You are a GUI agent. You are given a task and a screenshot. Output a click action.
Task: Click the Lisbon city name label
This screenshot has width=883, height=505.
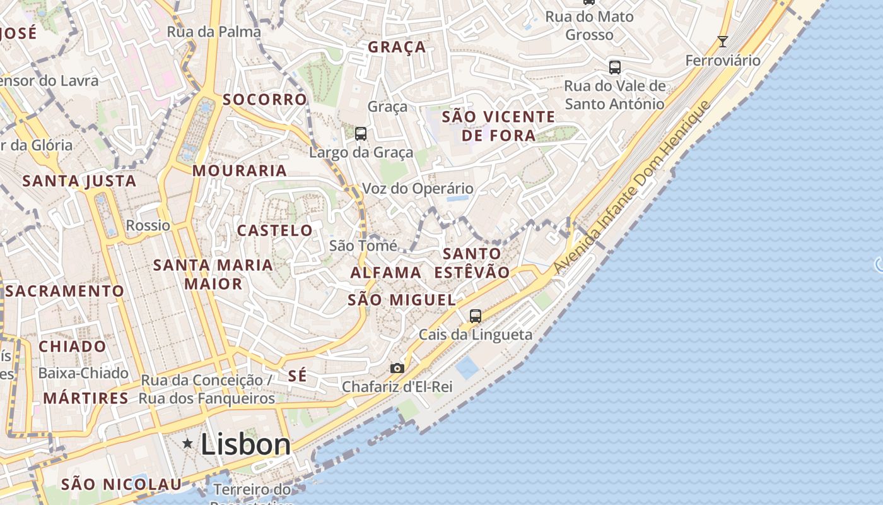click(245, 444)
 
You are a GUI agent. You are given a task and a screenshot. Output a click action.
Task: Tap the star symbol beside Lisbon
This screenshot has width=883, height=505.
click(187, 444)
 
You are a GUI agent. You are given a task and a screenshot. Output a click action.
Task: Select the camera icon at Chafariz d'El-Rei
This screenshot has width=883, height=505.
click(397, 368)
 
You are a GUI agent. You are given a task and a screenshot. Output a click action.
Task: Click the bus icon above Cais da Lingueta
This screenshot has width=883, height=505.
click(476, 316)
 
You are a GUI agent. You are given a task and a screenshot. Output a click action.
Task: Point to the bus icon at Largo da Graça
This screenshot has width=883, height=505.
click(361, 134)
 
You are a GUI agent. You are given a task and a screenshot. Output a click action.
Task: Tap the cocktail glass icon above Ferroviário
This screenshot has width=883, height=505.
click(723, 42)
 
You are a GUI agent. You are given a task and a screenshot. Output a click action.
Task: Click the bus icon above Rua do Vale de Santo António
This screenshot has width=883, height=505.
click(614, 67)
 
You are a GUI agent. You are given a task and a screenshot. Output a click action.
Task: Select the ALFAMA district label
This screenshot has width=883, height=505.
click(385, 273)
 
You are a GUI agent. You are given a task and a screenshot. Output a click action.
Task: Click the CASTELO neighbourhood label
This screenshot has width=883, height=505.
click(275, 231)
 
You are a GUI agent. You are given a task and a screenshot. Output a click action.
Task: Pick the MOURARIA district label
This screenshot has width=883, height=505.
click(240, 170)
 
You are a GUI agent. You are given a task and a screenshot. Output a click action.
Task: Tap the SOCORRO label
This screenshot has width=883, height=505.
click(265, 100)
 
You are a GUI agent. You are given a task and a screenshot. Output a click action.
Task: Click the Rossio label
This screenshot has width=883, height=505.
click(148, 225)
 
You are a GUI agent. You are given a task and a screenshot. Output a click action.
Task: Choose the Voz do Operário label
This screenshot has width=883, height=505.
click(418, 188)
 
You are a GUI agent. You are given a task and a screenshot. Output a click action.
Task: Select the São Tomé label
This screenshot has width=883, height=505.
click(363, 246)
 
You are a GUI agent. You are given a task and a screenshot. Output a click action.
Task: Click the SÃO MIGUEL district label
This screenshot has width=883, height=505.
click(402, 300)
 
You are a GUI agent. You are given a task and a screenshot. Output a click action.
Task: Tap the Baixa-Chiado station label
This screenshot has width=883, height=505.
click(83, 373)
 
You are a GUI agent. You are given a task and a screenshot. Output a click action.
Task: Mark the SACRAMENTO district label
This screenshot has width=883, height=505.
click(65, 291)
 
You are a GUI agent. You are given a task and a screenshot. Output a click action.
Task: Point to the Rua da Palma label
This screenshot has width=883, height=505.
click(214, 32)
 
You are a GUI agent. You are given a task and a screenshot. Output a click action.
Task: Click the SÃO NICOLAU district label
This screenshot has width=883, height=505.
click(122, 484)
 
